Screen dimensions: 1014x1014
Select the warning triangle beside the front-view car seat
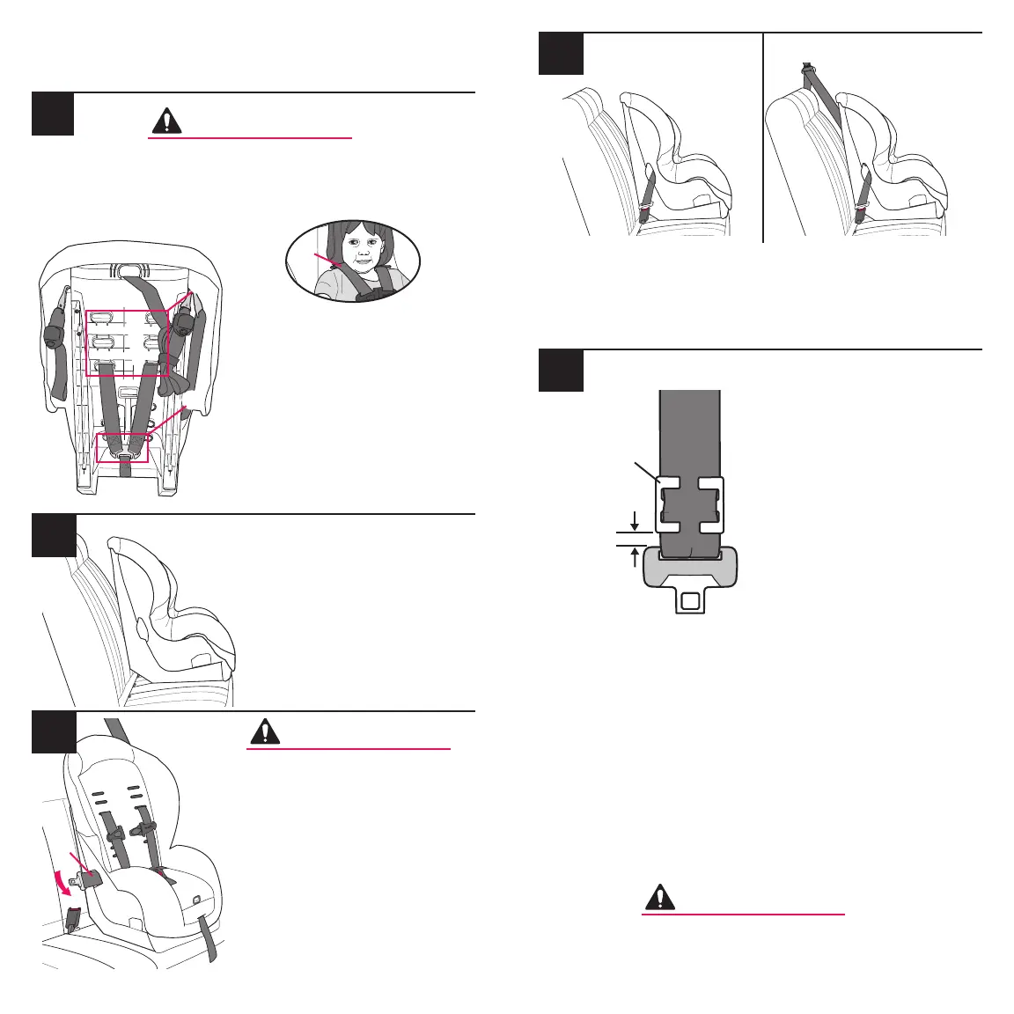click(x=265, y=732)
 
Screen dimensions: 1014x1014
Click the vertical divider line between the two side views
click(x=763, y=136)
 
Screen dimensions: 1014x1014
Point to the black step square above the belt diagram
click(x=560, y=371)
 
